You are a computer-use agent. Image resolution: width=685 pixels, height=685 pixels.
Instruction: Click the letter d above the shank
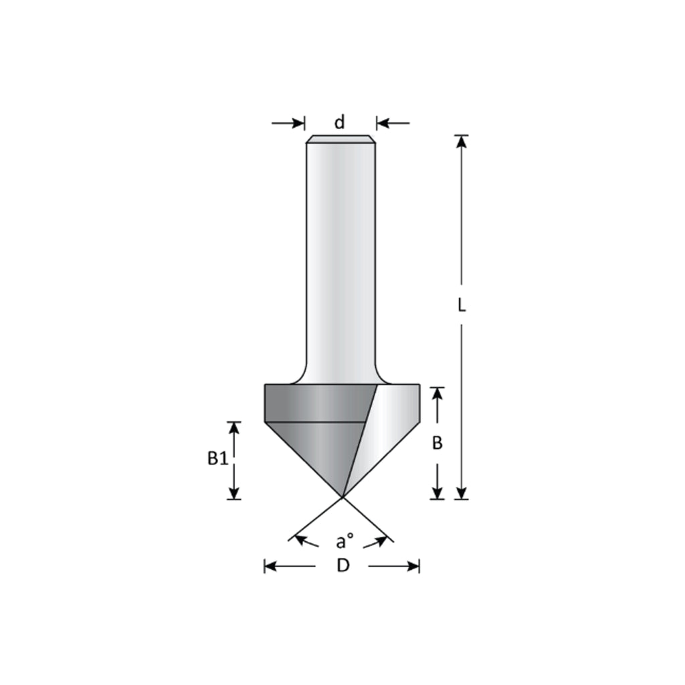340,122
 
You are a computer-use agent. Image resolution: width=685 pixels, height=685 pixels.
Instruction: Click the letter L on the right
461,305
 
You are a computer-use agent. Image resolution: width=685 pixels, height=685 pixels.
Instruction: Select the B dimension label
437,443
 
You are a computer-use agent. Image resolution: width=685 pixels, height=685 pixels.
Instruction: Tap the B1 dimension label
217,459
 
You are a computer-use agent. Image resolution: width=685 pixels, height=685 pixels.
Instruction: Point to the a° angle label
345,540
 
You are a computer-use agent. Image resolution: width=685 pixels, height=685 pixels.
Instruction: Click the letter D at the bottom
342,566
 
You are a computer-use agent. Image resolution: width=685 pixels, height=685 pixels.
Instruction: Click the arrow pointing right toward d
298,123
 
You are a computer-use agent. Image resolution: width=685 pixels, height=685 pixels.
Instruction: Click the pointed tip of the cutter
342,497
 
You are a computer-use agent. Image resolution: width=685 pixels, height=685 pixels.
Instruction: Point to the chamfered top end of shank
340,139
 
